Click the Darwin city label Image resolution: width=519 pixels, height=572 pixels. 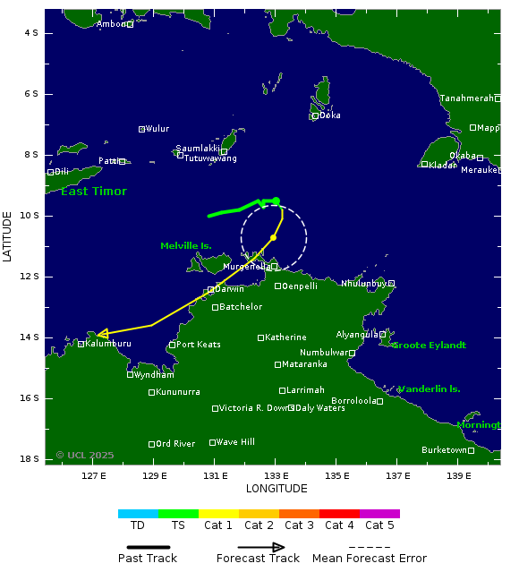230,289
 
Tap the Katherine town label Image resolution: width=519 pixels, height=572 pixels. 285,337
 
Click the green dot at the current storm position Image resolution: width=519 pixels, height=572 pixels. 277,201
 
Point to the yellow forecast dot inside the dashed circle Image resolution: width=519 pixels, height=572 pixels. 273,237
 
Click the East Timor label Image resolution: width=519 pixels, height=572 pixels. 94,192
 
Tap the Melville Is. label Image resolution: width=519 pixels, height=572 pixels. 185,245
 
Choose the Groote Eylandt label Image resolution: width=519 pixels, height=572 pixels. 430,345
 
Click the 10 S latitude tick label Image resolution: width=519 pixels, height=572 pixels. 31,216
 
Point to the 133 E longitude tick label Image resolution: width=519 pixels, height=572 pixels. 276,475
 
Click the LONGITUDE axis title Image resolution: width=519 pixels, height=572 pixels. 277,489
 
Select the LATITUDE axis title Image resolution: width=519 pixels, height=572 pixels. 8,236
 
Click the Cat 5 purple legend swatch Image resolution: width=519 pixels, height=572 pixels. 379,514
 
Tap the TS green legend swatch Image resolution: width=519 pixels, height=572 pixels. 178,514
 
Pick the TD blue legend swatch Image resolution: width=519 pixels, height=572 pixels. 138,514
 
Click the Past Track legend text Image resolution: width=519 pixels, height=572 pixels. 148,559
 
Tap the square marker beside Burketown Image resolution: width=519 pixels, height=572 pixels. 472,450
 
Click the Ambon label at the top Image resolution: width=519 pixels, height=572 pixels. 111,24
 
